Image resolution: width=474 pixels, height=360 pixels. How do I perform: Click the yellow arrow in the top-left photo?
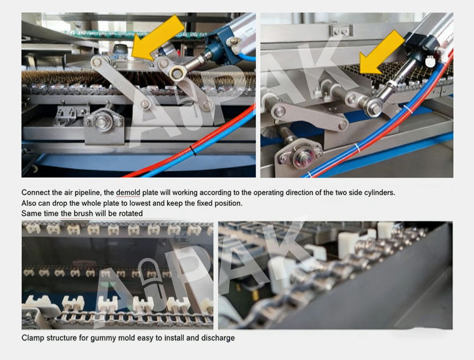(x=157, y=38)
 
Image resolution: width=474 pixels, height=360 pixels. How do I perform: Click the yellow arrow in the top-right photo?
(x=382, y=53)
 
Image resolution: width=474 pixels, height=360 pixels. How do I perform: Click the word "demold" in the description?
(x=128, y=193)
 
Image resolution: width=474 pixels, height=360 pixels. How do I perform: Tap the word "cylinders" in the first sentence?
(x=379, y=193)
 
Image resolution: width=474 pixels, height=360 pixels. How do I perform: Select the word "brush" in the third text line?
(x=83, y=213)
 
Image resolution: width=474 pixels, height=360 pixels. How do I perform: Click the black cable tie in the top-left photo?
(x=193, y=150)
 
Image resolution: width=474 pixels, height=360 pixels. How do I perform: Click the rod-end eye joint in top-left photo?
(x=176, y=73)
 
